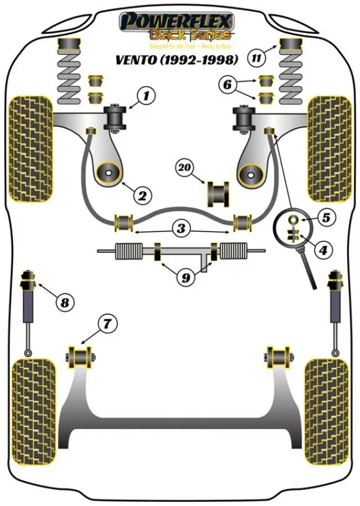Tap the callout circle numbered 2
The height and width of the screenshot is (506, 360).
pos(142,194)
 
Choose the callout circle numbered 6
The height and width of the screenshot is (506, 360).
pos(227,85)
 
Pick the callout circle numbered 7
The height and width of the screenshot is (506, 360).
pos(107,323)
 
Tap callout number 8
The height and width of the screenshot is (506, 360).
pos(65,303)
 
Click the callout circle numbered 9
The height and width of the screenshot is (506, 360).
pos(185,276)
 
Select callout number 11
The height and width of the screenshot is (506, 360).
pos(256,58)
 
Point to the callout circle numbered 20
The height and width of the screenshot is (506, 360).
pos(185,168)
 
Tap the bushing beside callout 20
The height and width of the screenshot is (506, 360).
pos(218,194)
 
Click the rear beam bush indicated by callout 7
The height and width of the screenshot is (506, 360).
pos(80,357)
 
